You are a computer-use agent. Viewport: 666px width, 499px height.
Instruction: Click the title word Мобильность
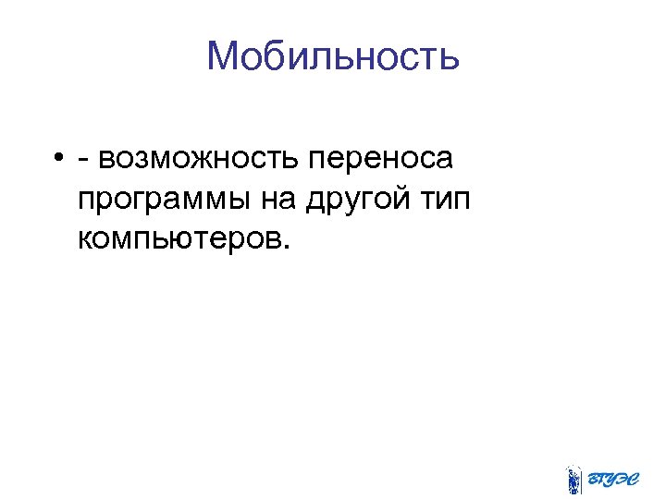click(333, 56)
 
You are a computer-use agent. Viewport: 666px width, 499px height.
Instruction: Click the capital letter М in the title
click(223, 56)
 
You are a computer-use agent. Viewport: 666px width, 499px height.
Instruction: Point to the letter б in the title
click(268, 56)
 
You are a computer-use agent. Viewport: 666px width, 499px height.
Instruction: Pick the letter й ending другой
click(405, 199)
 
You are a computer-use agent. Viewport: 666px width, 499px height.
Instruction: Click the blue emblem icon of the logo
click(573, 479)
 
